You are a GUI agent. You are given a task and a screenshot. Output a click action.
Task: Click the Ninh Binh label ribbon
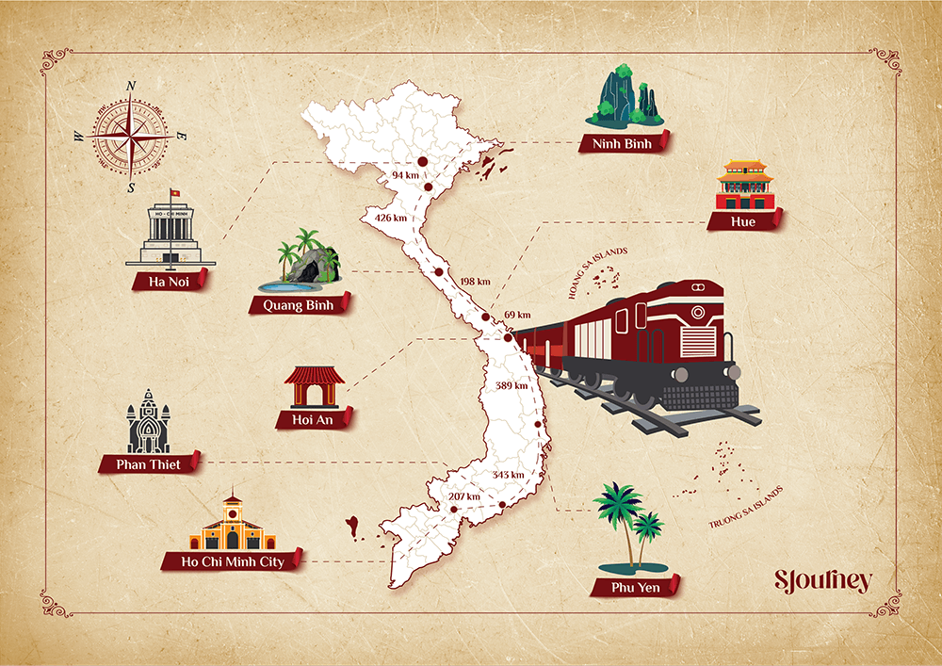pos(624,143)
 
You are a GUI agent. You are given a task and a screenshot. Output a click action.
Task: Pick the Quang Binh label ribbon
pos(299,304)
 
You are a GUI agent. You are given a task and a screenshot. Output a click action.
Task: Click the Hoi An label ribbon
pos(315,418)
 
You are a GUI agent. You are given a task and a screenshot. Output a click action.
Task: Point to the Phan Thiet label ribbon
pos(149,463)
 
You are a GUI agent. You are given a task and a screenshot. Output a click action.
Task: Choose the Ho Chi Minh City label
pos(232,561)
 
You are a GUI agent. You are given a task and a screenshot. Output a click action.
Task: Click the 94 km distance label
pos(404,175)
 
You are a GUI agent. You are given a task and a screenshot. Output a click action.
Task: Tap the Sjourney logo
pos(822,580)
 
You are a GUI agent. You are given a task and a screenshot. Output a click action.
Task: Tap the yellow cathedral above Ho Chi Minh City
pos(232,525)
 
